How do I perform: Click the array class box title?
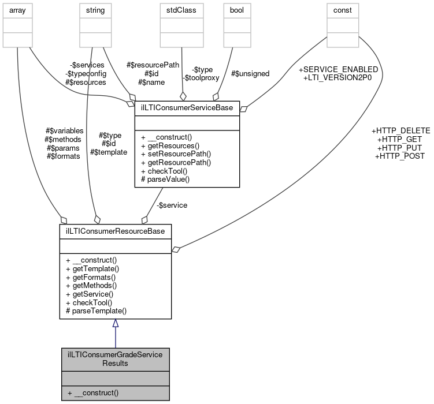coord(17,10)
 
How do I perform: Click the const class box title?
coord(343,10)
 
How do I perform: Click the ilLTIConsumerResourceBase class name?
coord(116,231)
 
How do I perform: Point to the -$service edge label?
coord(172,205)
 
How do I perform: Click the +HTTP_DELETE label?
coord(402,130)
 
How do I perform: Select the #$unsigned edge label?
coord(250,73)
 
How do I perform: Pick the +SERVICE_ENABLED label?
coord(338,69)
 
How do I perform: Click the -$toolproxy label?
coord(196,77)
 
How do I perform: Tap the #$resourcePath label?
coord(154,65)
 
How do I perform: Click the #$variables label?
coord(64,130)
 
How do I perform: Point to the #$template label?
coord(109,152)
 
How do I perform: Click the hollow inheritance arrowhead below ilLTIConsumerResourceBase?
coord(116,324)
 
